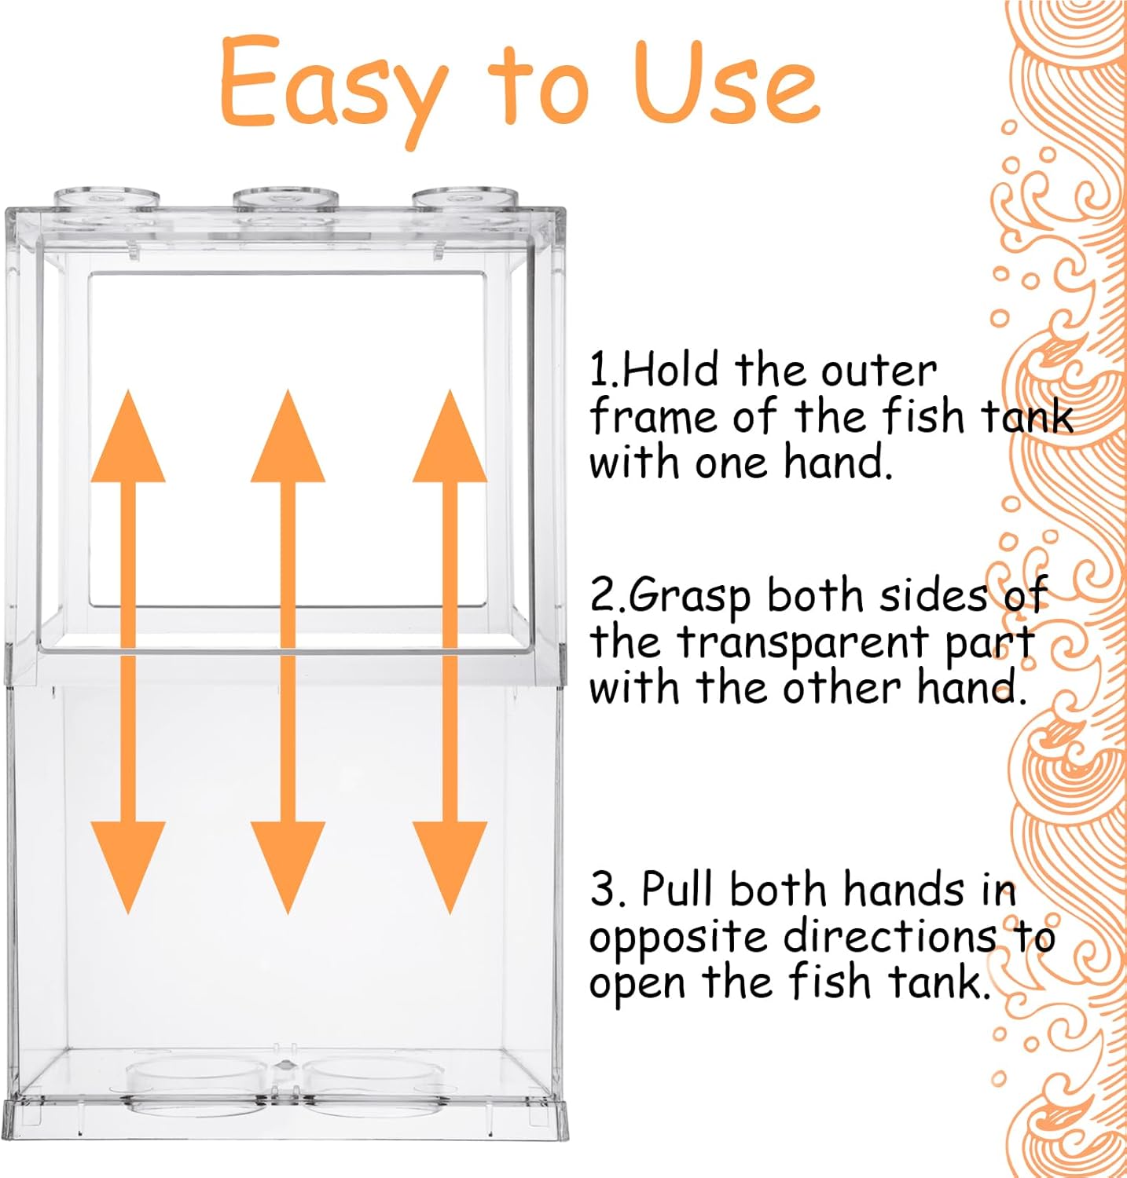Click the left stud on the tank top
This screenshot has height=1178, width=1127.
(x=106, y=197)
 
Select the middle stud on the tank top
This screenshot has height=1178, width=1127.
(x=285, y=197)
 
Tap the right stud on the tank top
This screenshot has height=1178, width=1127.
(x=465, y=197)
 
